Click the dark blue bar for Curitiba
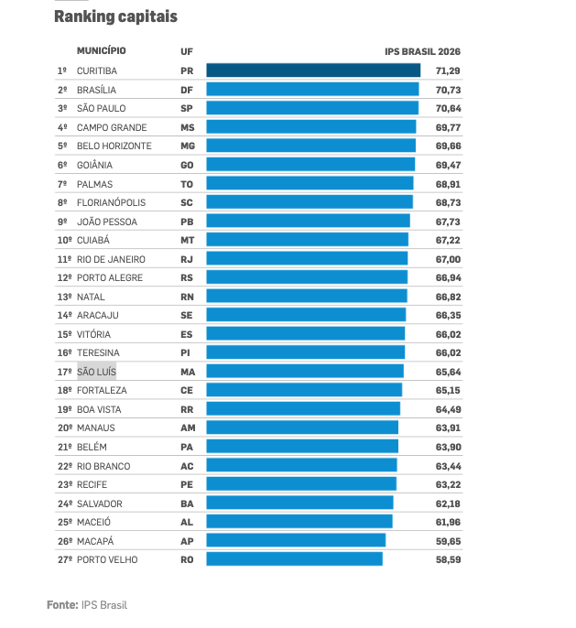tap(313, 70)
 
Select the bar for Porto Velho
tap(294, 559)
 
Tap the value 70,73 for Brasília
tap(448, 90)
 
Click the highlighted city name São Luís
tap(96, 372)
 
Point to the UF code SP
tap(187, 109)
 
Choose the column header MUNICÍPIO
tap(102, 51)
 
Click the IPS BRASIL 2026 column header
tap(422, 51)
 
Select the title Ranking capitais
tap(115, 16)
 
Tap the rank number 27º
tap(64, 560)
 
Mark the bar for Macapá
tap(296, 540)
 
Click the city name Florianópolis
tap(111, 202)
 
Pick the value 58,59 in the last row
tap(448, 560)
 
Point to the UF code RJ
tap(187, 260)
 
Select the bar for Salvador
tap(299, 503)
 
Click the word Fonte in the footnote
tap(62, 605)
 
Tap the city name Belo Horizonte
tap(114, 146)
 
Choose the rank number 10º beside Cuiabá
tap(64, 240)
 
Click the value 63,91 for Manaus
tap(448, 428)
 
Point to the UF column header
tap(187, 51)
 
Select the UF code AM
tap(188, 428)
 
